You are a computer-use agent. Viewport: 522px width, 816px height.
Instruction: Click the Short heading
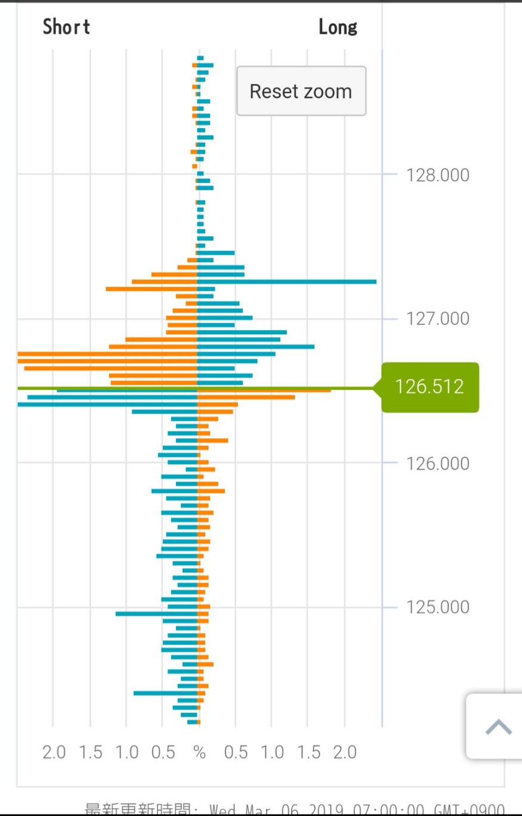pos(66,27)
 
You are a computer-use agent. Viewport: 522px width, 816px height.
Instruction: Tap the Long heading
pos(338,27)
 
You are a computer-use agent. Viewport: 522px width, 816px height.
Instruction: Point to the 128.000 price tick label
pos(437,175)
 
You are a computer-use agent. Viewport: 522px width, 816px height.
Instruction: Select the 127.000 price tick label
pos(437,318)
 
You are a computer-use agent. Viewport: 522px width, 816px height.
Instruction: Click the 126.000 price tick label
pos(437,463)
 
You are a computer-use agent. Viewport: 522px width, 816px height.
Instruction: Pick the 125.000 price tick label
pos(437,607)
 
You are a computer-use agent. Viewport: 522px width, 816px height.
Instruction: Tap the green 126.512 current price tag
pos(430,387)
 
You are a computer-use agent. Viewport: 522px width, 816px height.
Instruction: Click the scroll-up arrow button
pos(498,727)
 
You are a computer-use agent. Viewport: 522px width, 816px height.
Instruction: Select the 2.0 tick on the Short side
pos(54,752)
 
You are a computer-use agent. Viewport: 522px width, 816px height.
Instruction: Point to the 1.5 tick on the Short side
pos(91,752)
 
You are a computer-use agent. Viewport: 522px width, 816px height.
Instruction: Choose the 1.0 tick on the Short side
pos(127,752)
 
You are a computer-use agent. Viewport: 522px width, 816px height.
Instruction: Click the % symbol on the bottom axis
pos(199,752)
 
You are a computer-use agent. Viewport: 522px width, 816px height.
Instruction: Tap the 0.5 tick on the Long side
pos(236,752)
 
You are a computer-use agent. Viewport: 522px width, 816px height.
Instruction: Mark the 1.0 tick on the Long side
pos(272,752)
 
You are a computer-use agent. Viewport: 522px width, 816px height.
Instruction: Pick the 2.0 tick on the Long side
pos(345,752)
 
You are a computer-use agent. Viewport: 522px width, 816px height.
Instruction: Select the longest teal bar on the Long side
pos(286,281)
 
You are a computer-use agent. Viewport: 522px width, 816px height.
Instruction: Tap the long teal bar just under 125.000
pos(156,613)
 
